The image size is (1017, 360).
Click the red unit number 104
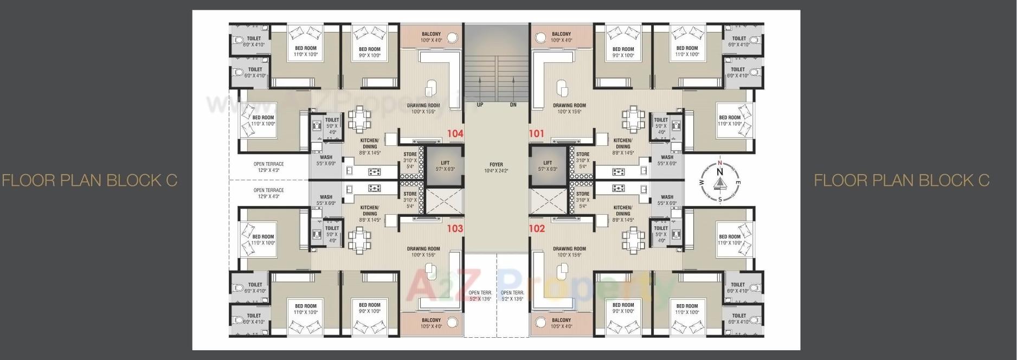click(455, 133)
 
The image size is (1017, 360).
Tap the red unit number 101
click(537, 133)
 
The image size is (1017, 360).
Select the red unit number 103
click(455, 228)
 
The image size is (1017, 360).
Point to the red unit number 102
click(537, 228)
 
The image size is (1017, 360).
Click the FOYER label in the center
click(496, 164)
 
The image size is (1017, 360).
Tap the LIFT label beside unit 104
click(445, 163)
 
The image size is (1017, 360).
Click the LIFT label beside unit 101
click(548, 163)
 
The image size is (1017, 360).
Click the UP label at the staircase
click(480, 105)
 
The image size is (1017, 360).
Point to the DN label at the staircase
click(513, 105)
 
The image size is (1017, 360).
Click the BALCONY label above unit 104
click(432, 34)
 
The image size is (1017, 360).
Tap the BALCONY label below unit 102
click(562, 320)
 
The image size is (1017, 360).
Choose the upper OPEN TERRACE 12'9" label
click(268, 164)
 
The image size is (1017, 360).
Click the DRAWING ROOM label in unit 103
click(423, 249)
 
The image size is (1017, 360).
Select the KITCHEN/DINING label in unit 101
click(622, 143)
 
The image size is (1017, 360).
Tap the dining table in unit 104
click(359, 119)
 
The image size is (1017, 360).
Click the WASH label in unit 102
click(667, 197)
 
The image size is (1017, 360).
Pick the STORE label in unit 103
click(410, 194)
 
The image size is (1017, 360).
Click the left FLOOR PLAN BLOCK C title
click(89, 181)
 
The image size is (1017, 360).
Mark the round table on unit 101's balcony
click(541, 37)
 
